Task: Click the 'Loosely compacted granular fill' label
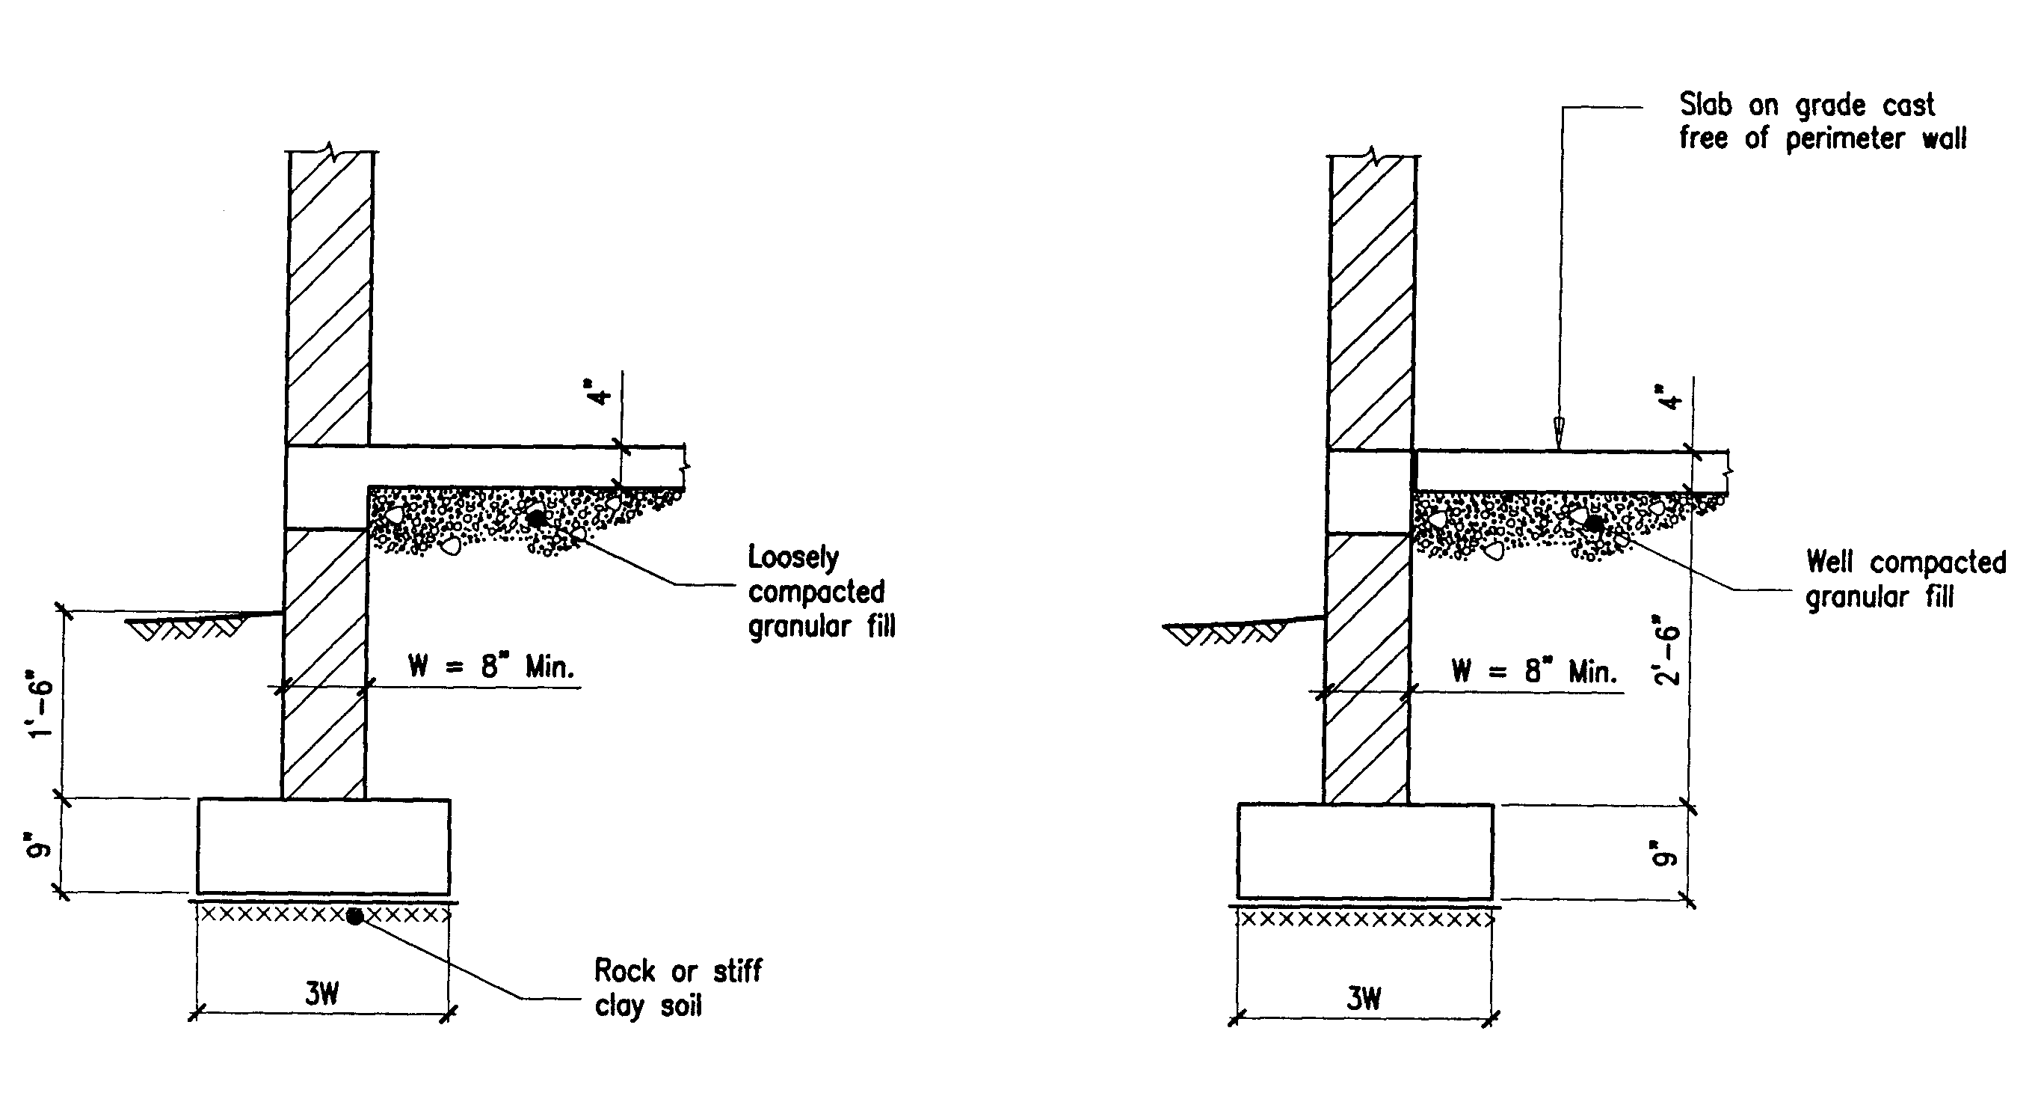pos(820,591)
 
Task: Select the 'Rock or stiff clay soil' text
pos(677,988)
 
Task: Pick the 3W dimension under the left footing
pos(321,994)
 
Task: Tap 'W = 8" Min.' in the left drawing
pos(490,667)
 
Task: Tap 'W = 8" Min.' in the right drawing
pos(1533,671)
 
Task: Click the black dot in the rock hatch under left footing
pos(355,916)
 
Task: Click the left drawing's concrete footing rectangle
pos(323,846)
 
